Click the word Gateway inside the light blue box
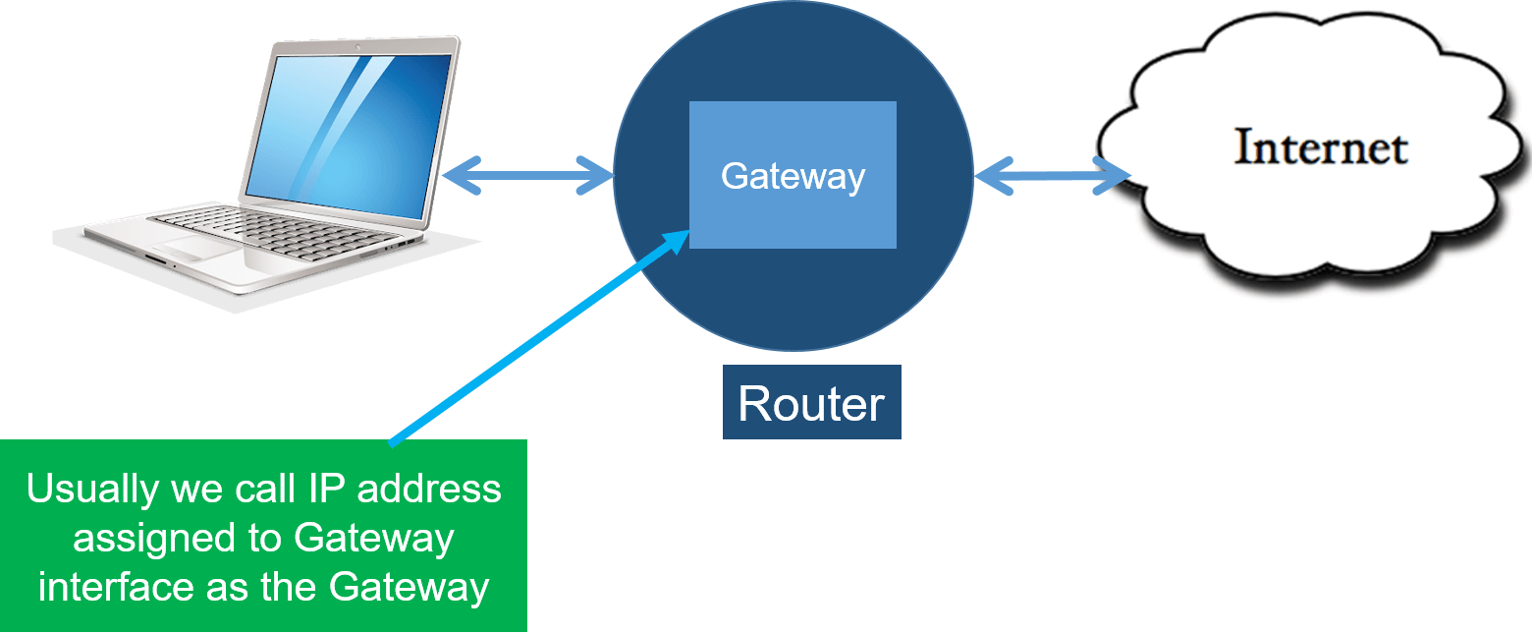click(793, 176)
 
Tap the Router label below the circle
click(811, 403)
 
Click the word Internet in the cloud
click(1321, 147)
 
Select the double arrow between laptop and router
click(527, 177)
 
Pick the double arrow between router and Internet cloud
click(1052, 177)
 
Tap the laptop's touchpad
click(196, 248)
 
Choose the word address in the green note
click(431, 489)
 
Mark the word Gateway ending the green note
click(409, 587)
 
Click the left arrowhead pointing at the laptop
click(454, 177)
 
